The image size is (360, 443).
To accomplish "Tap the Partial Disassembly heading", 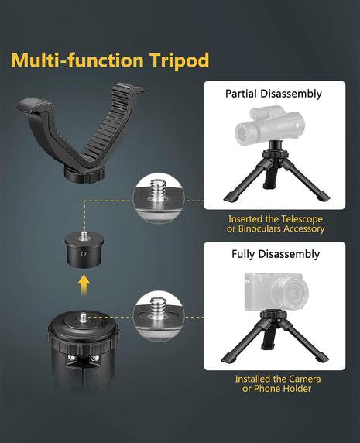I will (273, 94).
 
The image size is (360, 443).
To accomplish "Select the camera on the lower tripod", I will (276, 290).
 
